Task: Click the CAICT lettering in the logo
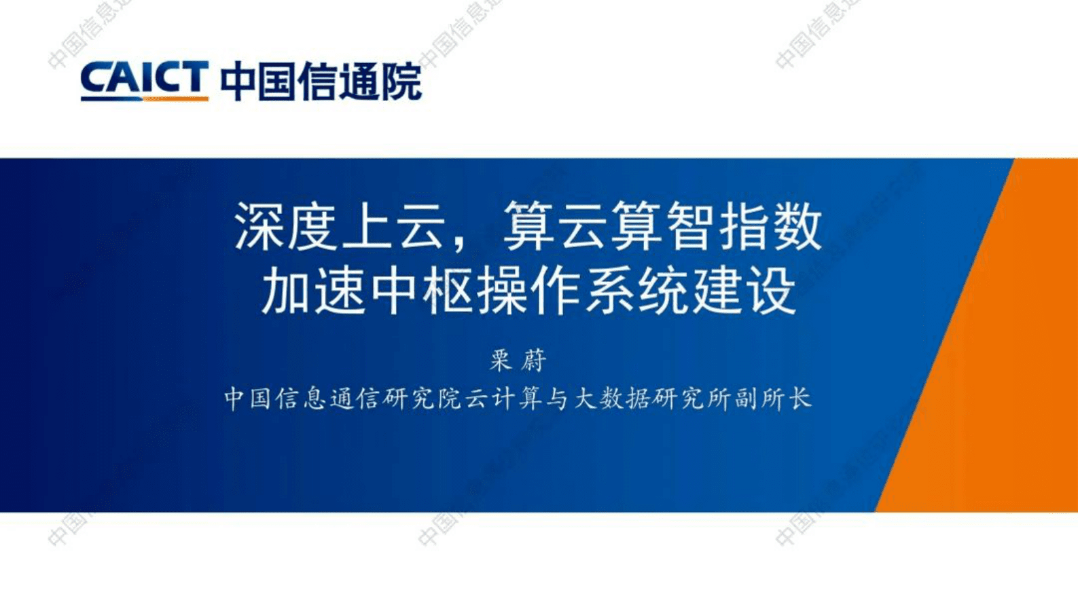pyautogui.click(x=143, y=77)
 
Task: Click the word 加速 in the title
pyautogui.click(x=314, y=290)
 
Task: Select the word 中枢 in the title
pyautogui.click(x=421, y=290)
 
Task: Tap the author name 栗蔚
pyautogui.click(x=518, y=360)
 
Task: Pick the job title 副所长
pyautogui.click(x=773, y=399)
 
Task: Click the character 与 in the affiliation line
pyautogui.click(x=558, y=399)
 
